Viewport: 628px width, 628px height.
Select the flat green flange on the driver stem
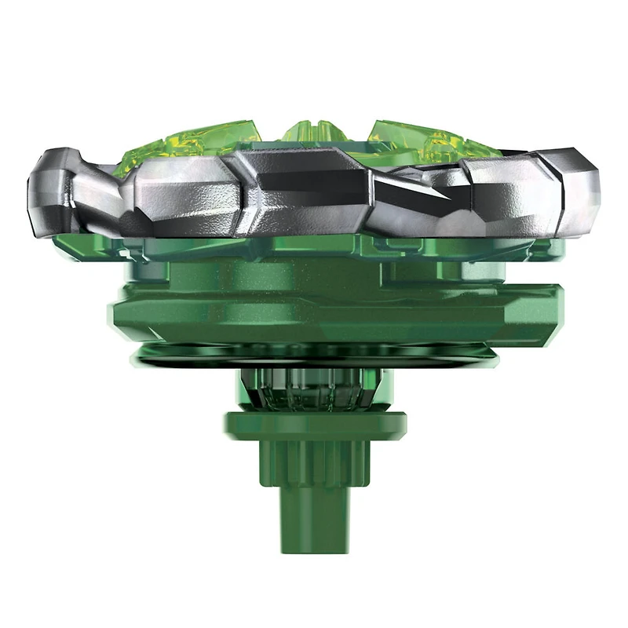pos(314,425)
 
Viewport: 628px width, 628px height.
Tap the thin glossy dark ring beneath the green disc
pos(314,357)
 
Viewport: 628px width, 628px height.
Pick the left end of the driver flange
pos(228,425)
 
